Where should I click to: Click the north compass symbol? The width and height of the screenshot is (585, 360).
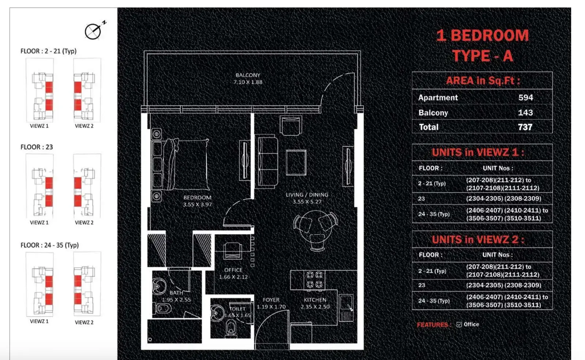point(94,31)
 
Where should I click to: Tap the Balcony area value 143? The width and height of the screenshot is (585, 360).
point(525,113)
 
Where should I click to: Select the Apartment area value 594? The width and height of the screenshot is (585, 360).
point(525,98)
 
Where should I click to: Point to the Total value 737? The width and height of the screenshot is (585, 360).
point(525,127)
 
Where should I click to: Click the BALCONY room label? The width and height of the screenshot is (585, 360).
point(248,75)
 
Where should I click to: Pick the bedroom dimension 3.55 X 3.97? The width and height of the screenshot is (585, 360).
point(197,205)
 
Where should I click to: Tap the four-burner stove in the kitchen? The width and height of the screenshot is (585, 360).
point(314,280)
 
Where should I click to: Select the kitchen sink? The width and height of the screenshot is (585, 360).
point(346,303)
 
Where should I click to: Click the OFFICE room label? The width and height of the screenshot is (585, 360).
point(233,270)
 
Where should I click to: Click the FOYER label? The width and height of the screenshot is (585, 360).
point(271,300)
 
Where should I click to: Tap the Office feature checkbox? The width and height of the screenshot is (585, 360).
point(459,325)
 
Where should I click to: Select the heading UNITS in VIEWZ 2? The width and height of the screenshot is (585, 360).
point(478,240)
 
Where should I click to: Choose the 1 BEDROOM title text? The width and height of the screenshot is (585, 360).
point(482,35)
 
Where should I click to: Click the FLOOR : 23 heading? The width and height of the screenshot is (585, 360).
point(37,147)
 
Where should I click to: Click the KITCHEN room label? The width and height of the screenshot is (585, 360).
point(315,300)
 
